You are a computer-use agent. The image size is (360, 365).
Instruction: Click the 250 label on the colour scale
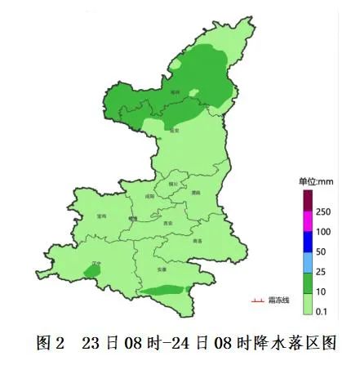click(323, 211)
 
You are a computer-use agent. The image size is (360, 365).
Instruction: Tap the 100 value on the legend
click(323, 232)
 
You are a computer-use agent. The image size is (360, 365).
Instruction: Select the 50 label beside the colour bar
click(321, 251)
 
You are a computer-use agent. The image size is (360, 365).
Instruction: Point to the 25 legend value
click(321, 271)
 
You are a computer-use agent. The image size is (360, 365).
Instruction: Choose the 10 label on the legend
click(321, 292)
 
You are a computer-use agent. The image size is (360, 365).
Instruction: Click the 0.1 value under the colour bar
click(322, 311)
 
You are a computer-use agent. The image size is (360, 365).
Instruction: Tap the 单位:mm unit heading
click(313, 181)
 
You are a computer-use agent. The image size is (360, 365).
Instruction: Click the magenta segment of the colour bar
click(307, 221)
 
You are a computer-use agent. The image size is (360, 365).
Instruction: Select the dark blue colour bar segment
click(307, 242)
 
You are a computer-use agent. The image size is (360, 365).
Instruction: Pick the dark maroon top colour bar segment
click(307, 200)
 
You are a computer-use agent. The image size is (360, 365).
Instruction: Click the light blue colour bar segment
click(307, 261)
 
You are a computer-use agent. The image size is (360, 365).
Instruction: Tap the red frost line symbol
click(256, 300)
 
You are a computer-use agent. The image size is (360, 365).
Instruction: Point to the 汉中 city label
click(96, 264)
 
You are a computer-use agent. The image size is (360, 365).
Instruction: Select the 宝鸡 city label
click(100, 216)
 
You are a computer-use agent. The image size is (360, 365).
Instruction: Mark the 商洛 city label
click(197, 241)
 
